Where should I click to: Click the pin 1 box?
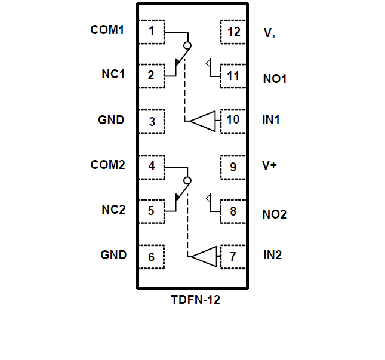(152, 31)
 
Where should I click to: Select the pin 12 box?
(233, 32)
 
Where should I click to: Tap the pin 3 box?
(152, 121)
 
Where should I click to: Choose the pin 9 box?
(233, 167)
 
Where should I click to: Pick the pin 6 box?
(152, 257)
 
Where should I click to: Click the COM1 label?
(107, 29)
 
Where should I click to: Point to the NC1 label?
(113, 75)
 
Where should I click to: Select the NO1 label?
(275, 78)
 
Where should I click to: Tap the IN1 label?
(271, 119)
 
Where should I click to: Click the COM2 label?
(108, 165)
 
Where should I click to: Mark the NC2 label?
(113, 210)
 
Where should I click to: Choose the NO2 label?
(275, 214)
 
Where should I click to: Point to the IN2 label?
(272, 256)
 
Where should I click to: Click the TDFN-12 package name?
(195, 300)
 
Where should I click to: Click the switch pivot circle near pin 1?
(187, 45)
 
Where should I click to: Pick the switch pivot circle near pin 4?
(187, 180)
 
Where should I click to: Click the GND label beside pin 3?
(111, 120)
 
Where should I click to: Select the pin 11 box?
(233, 76)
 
